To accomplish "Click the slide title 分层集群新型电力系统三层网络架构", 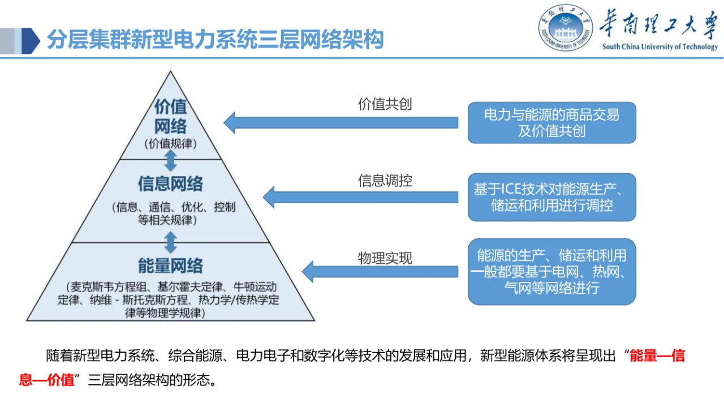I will pyautogui.click(x=215, y=40).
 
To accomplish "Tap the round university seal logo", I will pyautogui.click(x=566, y=28).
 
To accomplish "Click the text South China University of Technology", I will pyautogui.click(x=660, y=47).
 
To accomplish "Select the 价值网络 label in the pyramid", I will pyautogui.click(x=170, y=116).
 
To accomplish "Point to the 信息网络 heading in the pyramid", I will pyautogui.click(x=170, y=184).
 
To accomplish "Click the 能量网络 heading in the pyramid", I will pyautogui.click(x=170, y=265).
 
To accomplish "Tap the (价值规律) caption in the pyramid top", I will pyautogui.click(x=170, y=144).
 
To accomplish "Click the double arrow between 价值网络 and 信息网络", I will pyautogui.click(x=170, y=161).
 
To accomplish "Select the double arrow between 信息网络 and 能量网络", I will pyautogui.click(x=170, y=242).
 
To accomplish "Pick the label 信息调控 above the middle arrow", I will pyautogui.click(x=385, y=181).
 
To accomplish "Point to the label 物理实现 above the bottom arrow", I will pyautogui.click(x=385, y=258).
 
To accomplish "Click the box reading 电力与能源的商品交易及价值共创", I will pyautogui.click(x=551, y=123).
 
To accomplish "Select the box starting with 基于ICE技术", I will pyautogui.click(x=551, y=197).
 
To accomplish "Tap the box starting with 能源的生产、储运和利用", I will pyautogui.click(x=551, y=271).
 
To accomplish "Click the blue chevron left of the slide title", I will pyautogui.click(x=28, y=41).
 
